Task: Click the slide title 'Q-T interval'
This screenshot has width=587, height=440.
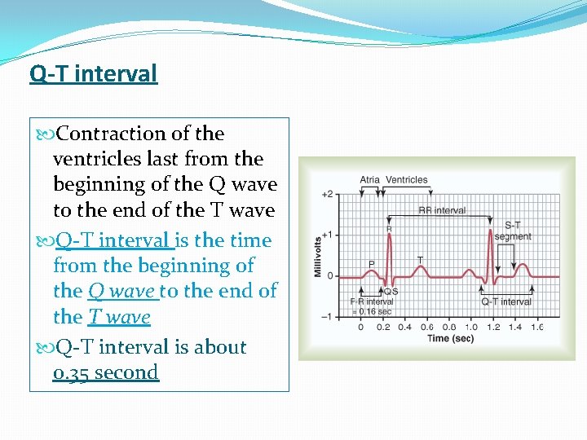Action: point(93,73)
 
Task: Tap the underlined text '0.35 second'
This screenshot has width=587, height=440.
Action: point(105,372)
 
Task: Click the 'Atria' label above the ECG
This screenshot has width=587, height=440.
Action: point(370,180)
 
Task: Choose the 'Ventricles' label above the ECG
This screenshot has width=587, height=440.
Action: point(406,180)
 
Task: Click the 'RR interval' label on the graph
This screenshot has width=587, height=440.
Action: point(442,210)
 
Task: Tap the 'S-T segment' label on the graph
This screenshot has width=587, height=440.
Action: point(513,231)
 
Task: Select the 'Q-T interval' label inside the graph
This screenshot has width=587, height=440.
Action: point(506,301)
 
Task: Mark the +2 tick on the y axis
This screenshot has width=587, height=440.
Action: point(327,195)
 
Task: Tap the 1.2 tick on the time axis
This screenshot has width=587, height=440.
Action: point(494,327)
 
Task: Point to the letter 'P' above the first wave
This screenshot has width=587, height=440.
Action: point(371,263)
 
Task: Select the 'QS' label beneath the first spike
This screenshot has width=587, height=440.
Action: point(391,291)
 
